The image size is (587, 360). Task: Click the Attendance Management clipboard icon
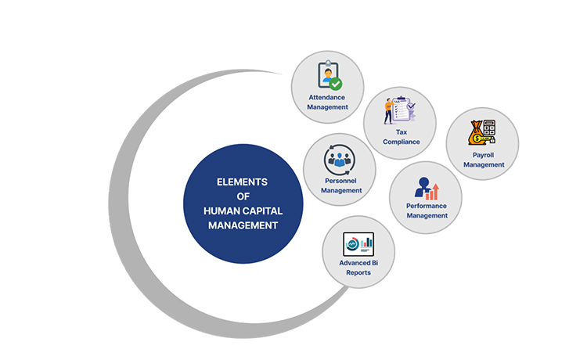[328, 75]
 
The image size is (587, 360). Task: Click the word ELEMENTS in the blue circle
[242, 182]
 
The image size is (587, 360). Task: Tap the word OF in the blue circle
[242, 196]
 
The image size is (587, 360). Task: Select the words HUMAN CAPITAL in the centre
[242, 211]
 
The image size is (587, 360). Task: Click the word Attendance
[328, 97]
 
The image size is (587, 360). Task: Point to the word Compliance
[402, 142]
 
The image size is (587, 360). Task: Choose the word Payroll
[483, 155]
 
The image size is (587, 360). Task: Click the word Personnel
[341, 181]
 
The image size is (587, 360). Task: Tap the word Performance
[427, 206]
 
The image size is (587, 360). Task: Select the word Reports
[358, 272]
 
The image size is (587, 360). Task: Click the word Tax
[402, 132]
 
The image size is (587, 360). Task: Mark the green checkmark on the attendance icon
[336, 82]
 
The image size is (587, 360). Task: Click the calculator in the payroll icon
[489, 128]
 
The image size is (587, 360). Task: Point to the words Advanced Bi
[358, 263]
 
